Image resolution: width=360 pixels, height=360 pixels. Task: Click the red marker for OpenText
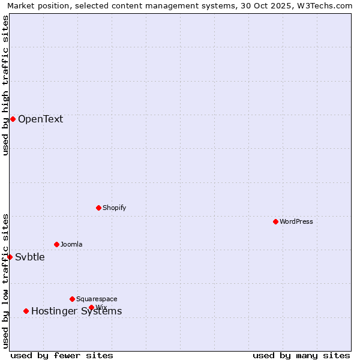13,119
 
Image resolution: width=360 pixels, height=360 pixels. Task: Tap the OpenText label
40,119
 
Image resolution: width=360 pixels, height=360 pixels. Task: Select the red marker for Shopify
98,208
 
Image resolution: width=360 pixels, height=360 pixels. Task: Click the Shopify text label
114,208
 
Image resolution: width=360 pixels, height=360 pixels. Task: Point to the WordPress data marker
275,221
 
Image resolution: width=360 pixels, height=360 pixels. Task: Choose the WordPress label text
296,221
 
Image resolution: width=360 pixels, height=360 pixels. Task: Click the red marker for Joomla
56,244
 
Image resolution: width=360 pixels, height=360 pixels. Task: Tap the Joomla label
71,244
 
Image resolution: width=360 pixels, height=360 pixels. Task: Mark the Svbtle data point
10,257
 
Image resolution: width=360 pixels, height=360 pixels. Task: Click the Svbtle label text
30,257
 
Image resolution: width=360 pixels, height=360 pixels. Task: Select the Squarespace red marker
72,299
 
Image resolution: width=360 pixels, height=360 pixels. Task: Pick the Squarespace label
97,299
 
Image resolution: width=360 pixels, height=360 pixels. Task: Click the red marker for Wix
91,307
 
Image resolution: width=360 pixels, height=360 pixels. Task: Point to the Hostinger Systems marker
26,311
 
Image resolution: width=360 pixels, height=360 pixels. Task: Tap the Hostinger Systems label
76,311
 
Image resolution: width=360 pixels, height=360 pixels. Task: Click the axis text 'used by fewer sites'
62,355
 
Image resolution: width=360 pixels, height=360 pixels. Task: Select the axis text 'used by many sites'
301,355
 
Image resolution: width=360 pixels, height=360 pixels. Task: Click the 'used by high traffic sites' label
5,85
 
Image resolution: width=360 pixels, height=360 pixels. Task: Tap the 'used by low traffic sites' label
5,280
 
